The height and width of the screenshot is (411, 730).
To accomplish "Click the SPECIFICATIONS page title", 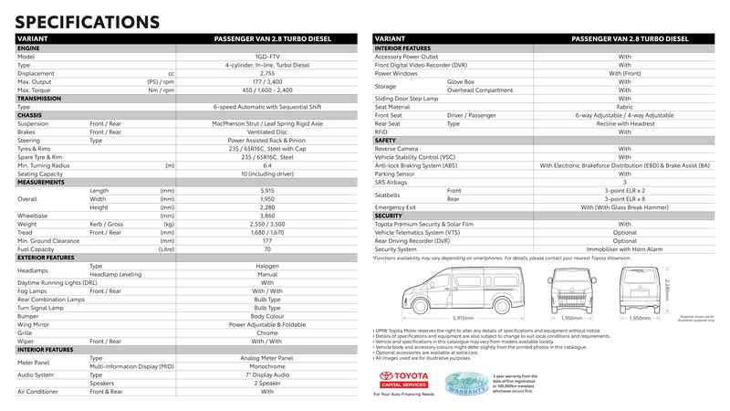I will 87,21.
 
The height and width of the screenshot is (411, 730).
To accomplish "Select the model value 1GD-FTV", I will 266,56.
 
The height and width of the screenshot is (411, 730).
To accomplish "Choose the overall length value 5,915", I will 266,190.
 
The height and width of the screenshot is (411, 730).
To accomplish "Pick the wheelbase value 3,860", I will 266,215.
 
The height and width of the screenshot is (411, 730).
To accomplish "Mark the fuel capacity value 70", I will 266,248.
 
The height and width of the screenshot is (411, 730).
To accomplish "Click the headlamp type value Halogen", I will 266,265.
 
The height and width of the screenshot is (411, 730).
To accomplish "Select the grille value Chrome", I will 266,332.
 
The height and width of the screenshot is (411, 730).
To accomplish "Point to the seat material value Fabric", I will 624,107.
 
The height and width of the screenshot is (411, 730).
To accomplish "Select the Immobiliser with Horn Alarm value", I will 624,248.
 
